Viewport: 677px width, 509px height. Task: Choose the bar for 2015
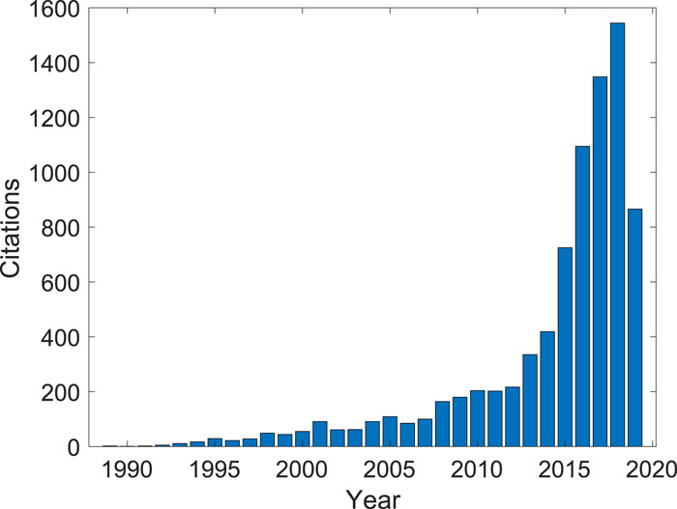[x=565, y=348]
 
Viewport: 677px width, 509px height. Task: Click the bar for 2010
[x=477, y=419]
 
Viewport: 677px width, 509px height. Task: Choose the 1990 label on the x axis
[x=128, y=467]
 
